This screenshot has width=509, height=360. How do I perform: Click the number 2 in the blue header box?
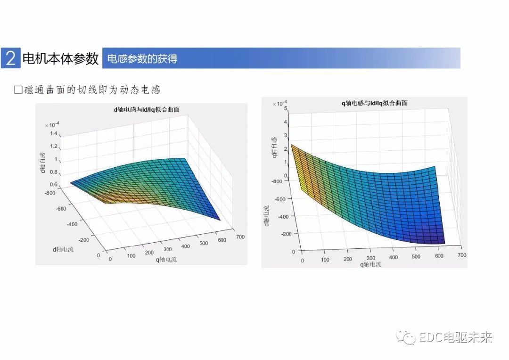11,58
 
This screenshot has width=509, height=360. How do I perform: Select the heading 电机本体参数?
60,58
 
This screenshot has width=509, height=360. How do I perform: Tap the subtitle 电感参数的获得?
142,59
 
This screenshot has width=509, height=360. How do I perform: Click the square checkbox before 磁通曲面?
18,90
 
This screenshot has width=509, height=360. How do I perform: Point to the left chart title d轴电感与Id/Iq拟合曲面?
147,109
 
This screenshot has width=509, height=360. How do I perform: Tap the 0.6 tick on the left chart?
54,184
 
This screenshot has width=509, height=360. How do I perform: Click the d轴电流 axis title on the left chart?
63,248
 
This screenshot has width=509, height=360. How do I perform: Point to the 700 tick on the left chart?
240,237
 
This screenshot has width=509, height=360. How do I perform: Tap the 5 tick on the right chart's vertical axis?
286,108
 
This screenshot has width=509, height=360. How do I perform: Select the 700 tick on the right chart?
461,255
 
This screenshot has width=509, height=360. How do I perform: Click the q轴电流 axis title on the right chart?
370,265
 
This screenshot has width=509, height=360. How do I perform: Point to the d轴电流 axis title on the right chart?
267,216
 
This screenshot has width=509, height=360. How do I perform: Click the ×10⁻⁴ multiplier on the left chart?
52,124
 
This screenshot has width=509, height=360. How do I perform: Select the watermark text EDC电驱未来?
456,337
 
